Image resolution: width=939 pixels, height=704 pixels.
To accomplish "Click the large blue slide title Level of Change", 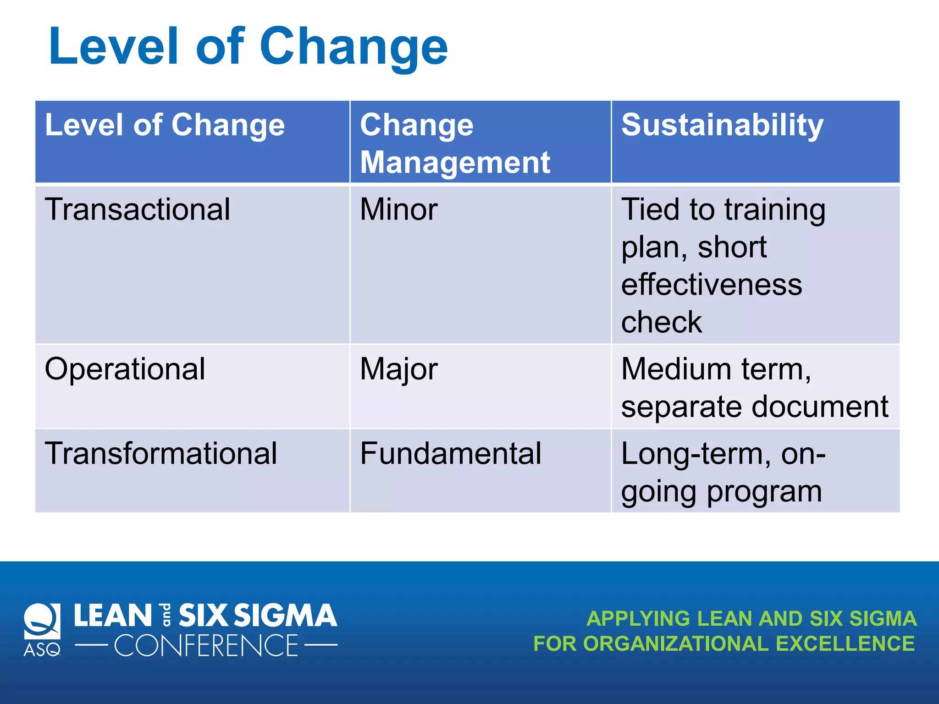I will coord(248,47).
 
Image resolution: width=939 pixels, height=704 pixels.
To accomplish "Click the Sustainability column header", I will coord(722,125).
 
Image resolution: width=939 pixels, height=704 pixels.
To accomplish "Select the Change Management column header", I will coord(455,143).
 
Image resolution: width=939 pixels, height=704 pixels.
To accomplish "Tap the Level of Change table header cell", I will coord(165,125).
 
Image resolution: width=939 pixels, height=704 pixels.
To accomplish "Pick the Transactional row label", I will coord(137,209).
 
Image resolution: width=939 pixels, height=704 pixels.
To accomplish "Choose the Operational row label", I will coord(125,369).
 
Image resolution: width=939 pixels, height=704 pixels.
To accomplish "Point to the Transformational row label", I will coord(160,453).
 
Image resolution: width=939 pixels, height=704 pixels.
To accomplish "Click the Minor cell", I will coord(398,209).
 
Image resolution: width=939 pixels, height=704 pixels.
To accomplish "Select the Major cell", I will coord(398,369).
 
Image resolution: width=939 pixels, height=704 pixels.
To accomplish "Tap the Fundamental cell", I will coord(450,453).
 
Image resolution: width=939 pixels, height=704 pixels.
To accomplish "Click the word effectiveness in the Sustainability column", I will coord(711,285).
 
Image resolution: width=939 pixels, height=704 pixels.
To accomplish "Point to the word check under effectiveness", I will coord(661,322).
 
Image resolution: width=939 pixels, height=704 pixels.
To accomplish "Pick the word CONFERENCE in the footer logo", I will coord(206,646).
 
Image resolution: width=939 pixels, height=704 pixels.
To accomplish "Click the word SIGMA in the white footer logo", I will coord(285,615).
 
